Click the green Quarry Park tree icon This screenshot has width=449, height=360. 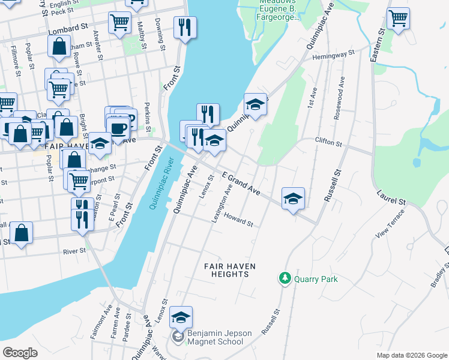(x=284, y=278)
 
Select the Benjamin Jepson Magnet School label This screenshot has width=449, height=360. (x=215, y=337)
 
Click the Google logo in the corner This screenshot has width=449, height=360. (x=20, y=352)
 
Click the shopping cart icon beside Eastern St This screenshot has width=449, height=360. (x=398, y=18)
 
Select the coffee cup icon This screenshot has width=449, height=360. (x=118, y=128)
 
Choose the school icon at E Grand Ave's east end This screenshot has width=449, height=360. (x=293, y=199)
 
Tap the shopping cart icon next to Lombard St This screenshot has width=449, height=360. (x=119, y=22)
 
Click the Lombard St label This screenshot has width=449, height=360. (x=80, y=28)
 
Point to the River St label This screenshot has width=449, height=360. (x=74, y=251)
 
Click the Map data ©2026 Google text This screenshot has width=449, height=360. (x=411, y=355)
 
